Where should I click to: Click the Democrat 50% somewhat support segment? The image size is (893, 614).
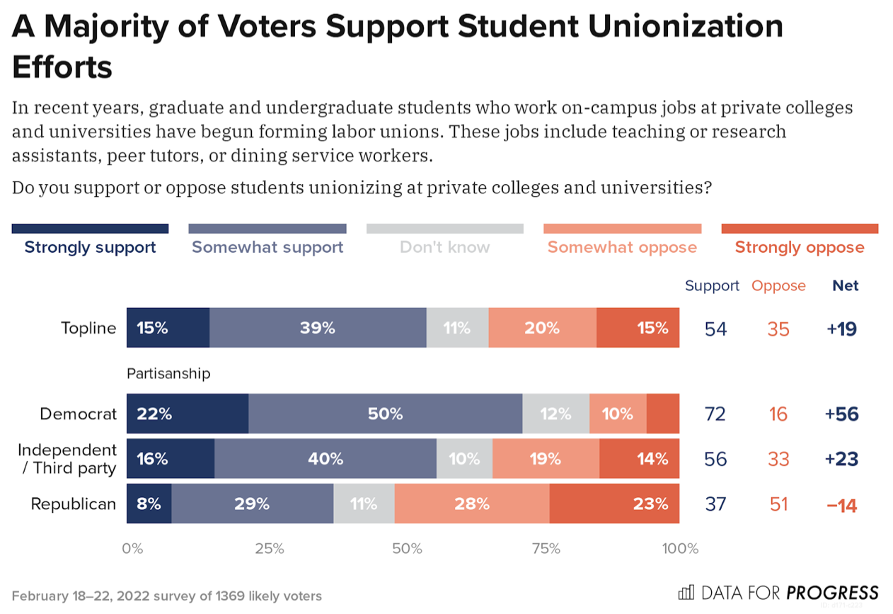click(385, 414)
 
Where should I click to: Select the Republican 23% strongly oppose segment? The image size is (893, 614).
click(614, 504)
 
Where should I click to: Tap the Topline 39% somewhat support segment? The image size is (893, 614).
click(318, 328)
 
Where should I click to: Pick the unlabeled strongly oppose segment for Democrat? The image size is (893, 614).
click(662, 414)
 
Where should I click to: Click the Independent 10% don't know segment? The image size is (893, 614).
click(464, 459)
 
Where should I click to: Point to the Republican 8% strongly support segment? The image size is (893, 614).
click(149, 504)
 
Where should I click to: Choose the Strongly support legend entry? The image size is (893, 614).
click(90, 247)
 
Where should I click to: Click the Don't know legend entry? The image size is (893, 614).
click(444, 247)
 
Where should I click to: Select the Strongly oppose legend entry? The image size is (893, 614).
click(799, 247)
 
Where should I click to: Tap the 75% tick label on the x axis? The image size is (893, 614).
click(546, 549)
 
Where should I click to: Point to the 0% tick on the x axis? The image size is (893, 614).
click(132, 549)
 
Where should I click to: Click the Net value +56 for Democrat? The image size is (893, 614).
click(841, 414)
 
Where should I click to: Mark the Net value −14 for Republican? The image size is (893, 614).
click(841, 504)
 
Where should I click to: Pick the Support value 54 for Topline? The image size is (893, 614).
click(715, 329)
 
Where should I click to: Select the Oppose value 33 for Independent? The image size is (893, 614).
click(778, 459)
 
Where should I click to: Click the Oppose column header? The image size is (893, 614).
click(778, 285)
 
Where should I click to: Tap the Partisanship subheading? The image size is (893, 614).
click(168, 373)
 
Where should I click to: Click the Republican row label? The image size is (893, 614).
click(73, 504)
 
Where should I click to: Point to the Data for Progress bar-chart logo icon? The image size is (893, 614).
click(686, 593)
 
